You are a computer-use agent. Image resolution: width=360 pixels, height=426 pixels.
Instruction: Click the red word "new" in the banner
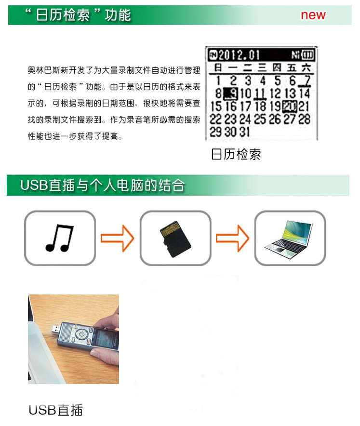[313, 15]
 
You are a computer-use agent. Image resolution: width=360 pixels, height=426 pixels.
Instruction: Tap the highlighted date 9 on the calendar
[231, 94]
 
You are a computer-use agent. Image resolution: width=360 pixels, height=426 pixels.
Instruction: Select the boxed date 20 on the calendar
[290, 106]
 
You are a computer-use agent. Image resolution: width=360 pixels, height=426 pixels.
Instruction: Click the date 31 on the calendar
[244, 132]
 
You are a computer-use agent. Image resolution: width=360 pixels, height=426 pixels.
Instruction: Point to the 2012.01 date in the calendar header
[239, 55]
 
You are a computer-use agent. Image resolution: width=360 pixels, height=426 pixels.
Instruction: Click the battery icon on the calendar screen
[307, 55]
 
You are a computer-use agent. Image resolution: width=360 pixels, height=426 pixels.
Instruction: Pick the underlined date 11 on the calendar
[260, 93]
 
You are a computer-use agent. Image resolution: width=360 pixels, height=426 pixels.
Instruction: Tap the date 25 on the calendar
[260, 119]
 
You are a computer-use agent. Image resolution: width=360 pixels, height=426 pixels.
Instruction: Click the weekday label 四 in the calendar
[277, 67]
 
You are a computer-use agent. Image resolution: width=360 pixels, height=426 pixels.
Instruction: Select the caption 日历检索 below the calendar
[236, 155]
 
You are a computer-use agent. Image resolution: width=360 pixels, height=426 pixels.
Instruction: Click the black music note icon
[59, 238]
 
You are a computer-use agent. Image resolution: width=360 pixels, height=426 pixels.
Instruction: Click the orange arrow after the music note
[118, 238]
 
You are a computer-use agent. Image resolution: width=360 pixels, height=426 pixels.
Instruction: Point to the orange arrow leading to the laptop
[232, 238]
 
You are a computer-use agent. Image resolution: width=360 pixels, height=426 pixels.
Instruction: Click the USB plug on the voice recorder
[56, 330]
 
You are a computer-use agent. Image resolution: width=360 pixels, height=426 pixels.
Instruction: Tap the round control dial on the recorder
[81, 334]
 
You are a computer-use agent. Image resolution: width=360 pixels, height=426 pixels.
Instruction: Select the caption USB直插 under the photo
[56, 410]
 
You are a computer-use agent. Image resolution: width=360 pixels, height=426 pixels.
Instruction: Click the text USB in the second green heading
[34, 185]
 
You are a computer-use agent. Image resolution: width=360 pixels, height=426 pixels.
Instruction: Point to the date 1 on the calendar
[218, 80]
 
